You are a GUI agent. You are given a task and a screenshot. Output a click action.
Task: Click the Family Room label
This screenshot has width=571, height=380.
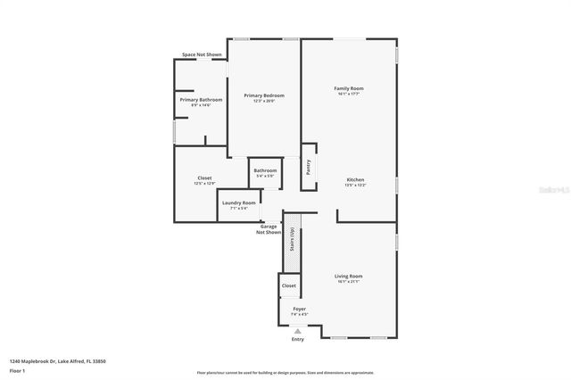[349, 88]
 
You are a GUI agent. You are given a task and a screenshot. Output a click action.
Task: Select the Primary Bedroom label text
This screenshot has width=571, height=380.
[264, 95]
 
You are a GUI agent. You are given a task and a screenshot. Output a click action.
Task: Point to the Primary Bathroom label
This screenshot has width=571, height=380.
[201, 100]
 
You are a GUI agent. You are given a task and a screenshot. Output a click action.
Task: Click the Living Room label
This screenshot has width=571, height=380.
[348, 277]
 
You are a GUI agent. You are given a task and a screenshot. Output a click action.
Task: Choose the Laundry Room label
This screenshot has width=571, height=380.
[239, 202]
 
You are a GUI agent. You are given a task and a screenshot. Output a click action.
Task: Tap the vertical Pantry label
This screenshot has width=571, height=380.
[309, 167]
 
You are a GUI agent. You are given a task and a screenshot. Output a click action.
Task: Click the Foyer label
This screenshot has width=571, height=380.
[300, 309]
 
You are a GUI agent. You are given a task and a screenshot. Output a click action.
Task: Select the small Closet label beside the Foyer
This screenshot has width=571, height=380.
[289, 285]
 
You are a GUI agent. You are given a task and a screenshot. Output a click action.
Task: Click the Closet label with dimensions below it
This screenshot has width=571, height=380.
[204, 178]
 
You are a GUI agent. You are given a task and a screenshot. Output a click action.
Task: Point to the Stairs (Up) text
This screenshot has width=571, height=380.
[292, 241]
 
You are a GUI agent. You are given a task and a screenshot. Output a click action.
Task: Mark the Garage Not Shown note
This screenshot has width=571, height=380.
[269, 229]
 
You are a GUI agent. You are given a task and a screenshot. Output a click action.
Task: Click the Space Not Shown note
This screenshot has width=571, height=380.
[202, 54]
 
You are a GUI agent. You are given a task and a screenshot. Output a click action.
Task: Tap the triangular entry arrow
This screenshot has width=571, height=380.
[298, 330]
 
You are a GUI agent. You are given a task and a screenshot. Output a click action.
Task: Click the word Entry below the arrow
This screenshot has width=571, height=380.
[298, 340]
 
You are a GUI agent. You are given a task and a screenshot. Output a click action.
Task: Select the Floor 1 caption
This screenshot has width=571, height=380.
[17, 370]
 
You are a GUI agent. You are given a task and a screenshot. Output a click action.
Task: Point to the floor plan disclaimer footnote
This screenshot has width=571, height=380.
[285, 373]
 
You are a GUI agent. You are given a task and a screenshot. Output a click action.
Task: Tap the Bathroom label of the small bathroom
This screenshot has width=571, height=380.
[265, 170]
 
